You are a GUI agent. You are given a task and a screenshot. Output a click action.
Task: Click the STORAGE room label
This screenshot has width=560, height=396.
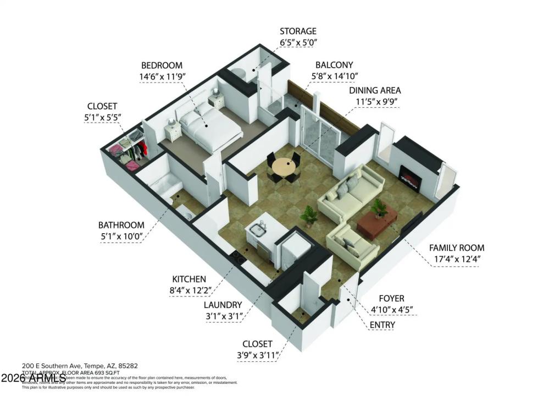[x=298, y=31]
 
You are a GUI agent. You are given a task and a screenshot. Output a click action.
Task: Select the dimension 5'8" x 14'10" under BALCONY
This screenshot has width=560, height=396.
[x=334, y=76]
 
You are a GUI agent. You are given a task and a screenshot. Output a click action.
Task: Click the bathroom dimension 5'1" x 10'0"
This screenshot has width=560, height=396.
[x=121, y=237]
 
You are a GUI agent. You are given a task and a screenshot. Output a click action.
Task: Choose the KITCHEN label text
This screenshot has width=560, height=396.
[x=189, y=279]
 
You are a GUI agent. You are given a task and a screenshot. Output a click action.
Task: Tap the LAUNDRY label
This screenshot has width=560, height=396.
[x=222, y=304]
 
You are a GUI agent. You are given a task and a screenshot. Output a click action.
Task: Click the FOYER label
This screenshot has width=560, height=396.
[x=392, y=299]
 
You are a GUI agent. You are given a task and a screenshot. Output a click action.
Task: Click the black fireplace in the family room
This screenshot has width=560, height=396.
[x=410, y=178]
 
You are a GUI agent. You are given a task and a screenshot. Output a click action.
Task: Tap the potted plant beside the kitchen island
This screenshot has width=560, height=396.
[x=309, y=216]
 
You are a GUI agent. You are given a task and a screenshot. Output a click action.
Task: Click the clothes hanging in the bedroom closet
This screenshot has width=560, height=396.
[x=142, y=148]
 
